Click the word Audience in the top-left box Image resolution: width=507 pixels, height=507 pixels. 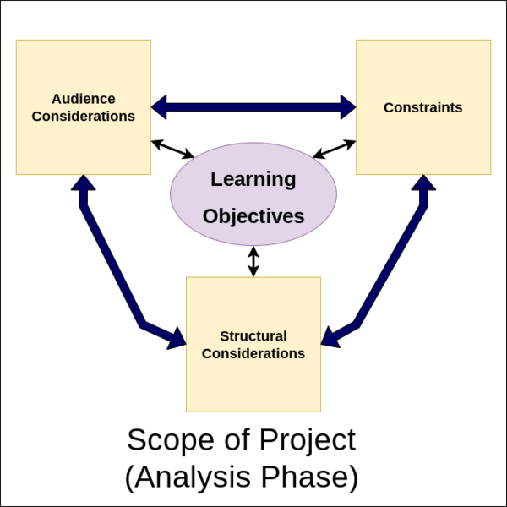tap(84, 99)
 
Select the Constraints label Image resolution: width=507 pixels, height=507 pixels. tap(423, 107)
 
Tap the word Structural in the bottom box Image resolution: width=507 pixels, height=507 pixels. tap(253, 336)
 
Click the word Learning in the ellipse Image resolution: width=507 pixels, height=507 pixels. tap(253, 179)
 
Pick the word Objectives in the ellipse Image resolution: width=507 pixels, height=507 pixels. tap(253, 216)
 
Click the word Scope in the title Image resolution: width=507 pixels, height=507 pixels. tap(171, 439)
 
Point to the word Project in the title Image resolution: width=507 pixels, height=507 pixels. tap(308, 440)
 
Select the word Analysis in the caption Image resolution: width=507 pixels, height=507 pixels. tap(193, 477)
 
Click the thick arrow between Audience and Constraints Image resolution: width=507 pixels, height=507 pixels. tap(253, 107)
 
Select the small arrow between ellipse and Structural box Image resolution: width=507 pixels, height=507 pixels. tap(253, 261)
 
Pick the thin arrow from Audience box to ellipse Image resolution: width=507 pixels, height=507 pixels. tap(172, 149)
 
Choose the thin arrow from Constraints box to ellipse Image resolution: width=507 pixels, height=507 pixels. tap(335, 149)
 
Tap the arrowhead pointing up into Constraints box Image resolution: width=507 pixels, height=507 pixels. tap(423, 183)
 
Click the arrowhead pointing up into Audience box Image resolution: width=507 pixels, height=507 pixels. tap(84, 183)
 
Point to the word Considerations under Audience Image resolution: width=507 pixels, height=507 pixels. tap(84, 117)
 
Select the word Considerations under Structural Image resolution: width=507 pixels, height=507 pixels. tap(253, 354)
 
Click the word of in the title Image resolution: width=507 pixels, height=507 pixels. tap(237, 439)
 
